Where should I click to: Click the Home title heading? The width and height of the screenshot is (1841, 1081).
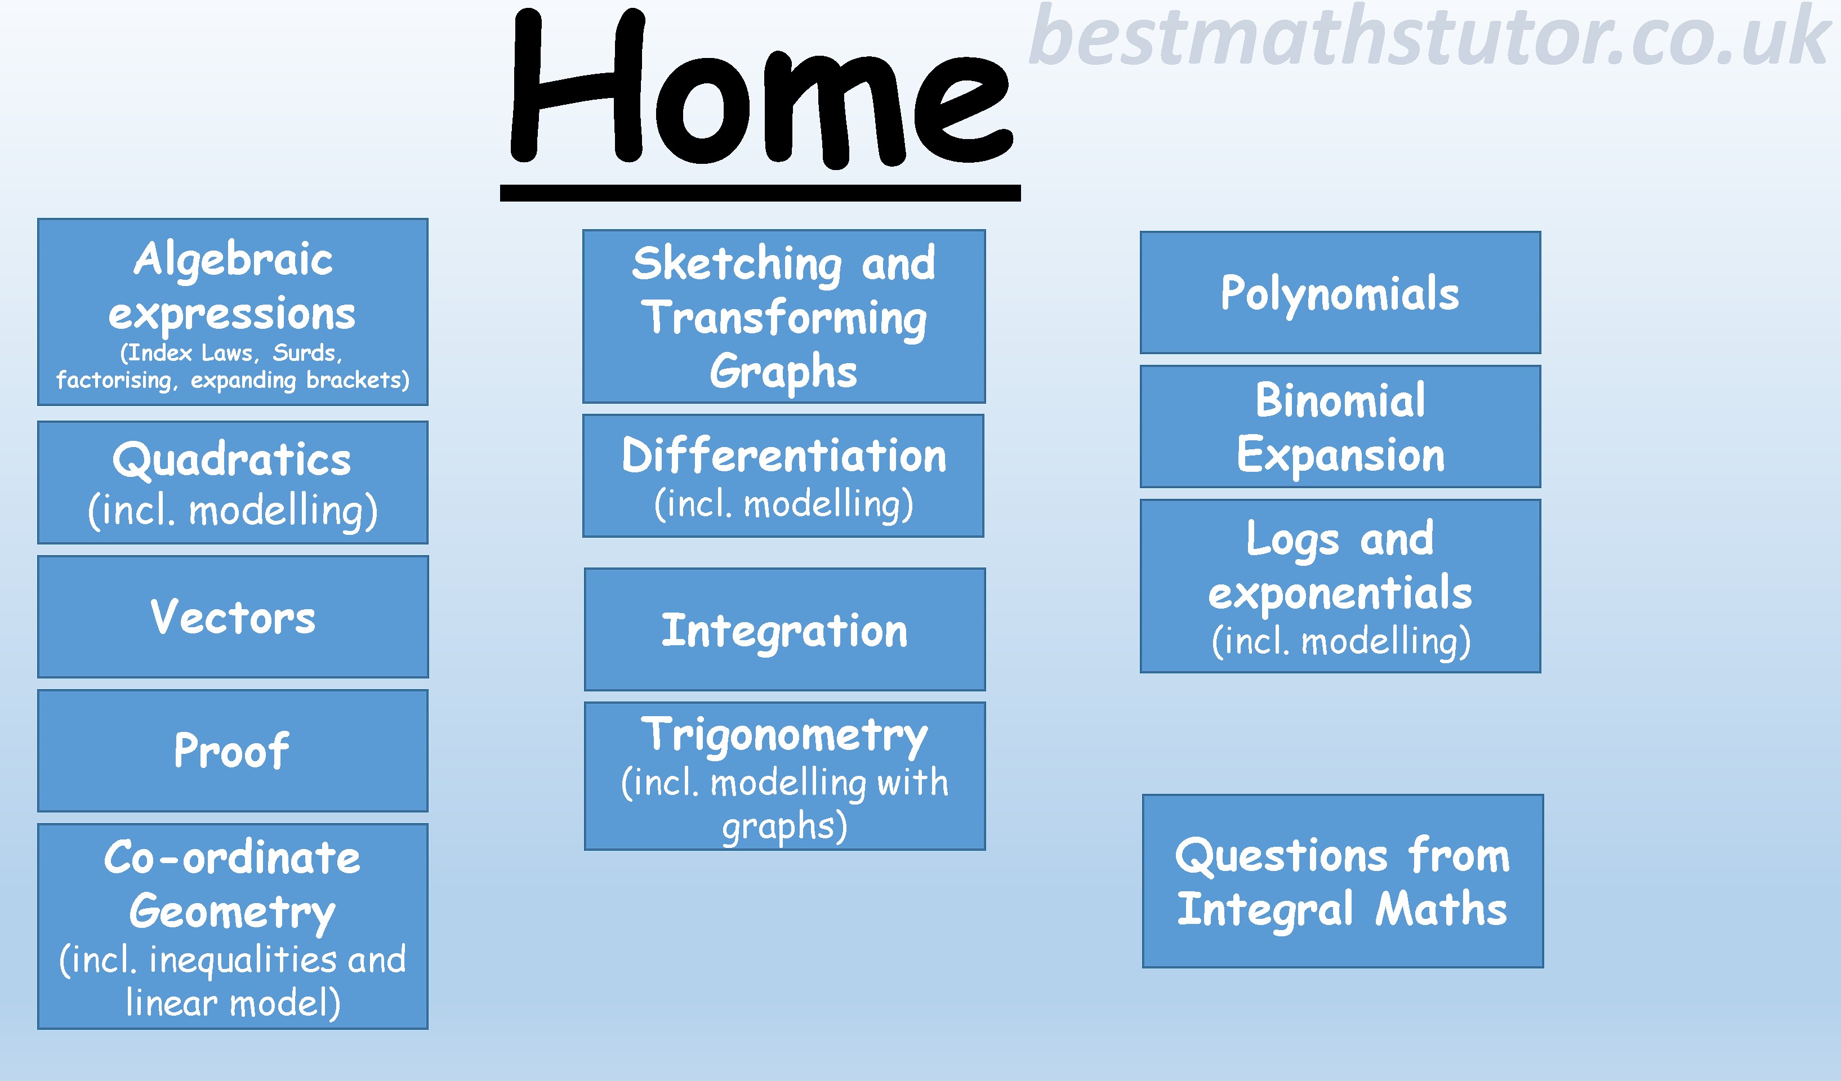pos(760,88)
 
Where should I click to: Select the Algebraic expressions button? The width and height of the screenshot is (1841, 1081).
pos(233,312)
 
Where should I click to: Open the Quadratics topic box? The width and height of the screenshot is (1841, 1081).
pos(233,482)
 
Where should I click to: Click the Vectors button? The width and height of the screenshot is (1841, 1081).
pos(233,617)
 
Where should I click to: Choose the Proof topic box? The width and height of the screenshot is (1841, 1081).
pos(233,750)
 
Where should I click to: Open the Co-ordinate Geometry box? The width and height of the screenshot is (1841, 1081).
pos(233,926)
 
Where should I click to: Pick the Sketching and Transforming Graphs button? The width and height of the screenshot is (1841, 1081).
pos(784,316)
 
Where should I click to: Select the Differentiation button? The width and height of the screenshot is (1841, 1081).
pos(783,476)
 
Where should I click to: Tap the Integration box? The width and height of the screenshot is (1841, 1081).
pos(784,629)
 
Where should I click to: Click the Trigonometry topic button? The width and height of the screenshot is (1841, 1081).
pos(784,776)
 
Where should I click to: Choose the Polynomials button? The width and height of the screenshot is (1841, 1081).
pos(1340,292)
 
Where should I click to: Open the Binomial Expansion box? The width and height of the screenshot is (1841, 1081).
pos(1340,427)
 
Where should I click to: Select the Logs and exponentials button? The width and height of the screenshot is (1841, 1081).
pos(1340,586)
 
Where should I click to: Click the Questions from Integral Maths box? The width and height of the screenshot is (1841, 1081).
pos(1343,881)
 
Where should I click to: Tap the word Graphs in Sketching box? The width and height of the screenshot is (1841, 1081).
pos(783,372)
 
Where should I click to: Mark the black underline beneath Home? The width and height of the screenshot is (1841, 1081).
pos(760,193)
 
